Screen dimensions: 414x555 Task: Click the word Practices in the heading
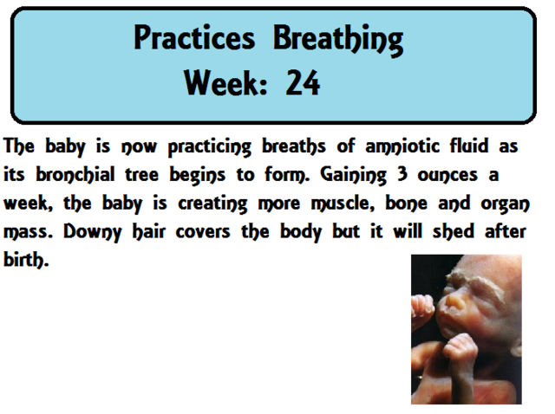196,38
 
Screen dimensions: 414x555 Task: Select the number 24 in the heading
303,83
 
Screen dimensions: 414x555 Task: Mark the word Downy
81,233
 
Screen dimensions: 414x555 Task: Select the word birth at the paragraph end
23,261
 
